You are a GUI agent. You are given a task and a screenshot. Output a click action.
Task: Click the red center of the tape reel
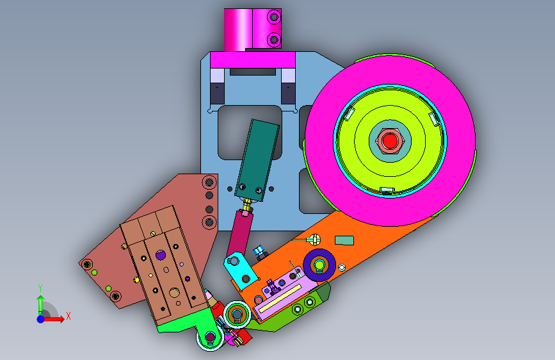coord(390,141)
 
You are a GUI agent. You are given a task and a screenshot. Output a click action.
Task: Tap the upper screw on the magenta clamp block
coord(273,17)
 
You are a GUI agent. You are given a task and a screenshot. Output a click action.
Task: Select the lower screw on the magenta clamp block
coord(273,40)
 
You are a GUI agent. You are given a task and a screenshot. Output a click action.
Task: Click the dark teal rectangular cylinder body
coord(257,160)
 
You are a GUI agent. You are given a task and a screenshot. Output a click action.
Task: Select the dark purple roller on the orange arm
coord(319,265)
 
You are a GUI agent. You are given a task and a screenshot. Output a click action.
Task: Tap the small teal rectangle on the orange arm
coord(344,241)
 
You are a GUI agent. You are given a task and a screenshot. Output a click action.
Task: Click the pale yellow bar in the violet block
coord(280,299)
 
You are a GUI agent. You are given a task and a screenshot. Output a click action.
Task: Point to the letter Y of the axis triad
coord(40,288)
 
